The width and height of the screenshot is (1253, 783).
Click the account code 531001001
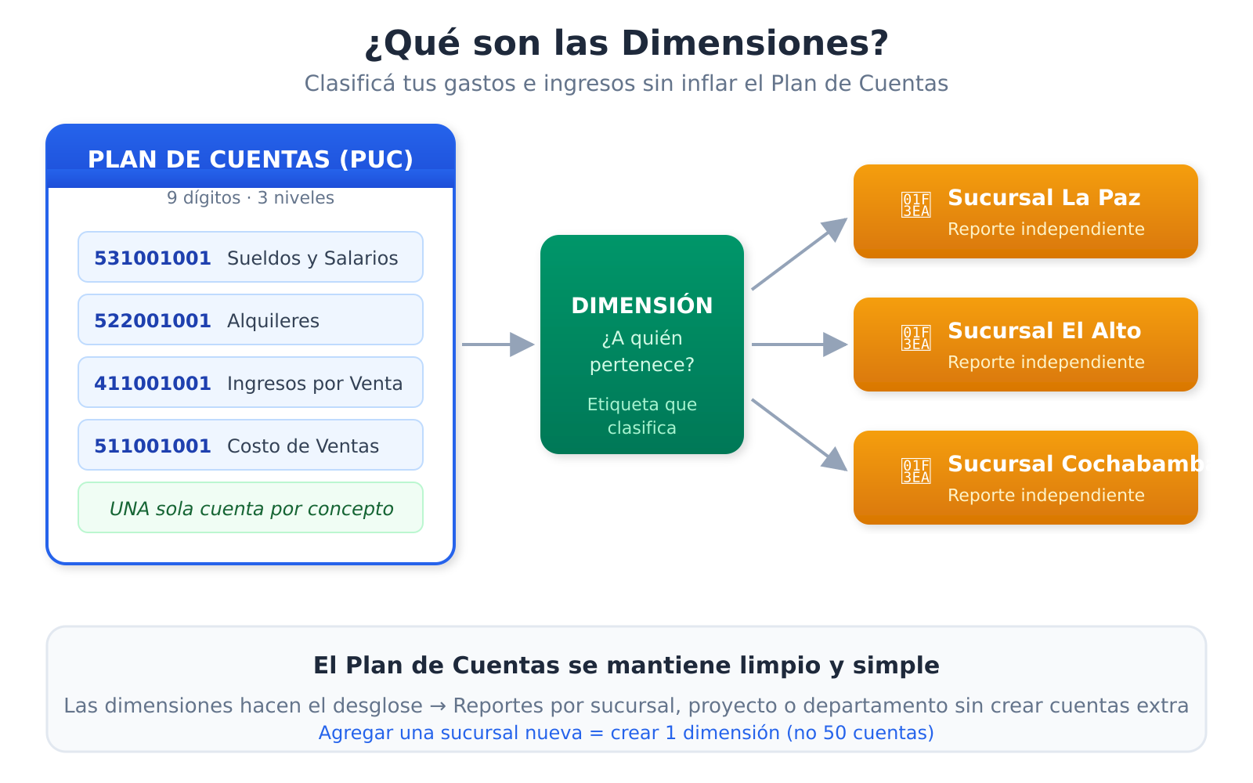pos(153,258)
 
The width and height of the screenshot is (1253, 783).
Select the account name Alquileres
pos(273,321)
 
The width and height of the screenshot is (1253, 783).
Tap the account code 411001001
pos(153,384)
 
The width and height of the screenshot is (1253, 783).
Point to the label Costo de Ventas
pos(303,446)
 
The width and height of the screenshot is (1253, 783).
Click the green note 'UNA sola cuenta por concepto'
pos(251,509)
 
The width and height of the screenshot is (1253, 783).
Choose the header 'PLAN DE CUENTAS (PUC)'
pos(251,159)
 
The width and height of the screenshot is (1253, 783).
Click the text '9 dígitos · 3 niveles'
pos(251,198)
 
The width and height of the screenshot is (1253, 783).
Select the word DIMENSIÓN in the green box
pos(642,305)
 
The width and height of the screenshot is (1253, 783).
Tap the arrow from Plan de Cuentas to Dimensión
pos(498,345)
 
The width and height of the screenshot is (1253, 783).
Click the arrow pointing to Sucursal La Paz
pos(799,254)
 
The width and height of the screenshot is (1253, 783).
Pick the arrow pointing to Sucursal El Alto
pos(799,345)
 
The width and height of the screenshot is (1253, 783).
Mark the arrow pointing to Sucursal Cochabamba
pos(799,435)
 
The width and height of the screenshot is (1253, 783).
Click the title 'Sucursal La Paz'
pos(1044,198)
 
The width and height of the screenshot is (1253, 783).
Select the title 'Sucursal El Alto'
pos(1044,331)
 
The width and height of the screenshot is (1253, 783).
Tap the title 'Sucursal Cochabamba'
pos(1083,464)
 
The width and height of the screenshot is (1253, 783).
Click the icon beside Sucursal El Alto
pos(915,338)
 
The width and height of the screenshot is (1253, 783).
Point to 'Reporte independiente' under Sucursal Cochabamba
pos(1045,496)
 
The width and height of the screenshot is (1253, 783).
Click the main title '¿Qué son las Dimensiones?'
pos(626,43)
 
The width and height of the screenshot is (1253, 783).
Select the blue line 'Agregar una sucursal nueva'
pos(626,733)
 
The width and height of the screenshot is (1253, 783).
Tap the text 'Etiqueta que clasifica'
pos(642,417)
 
